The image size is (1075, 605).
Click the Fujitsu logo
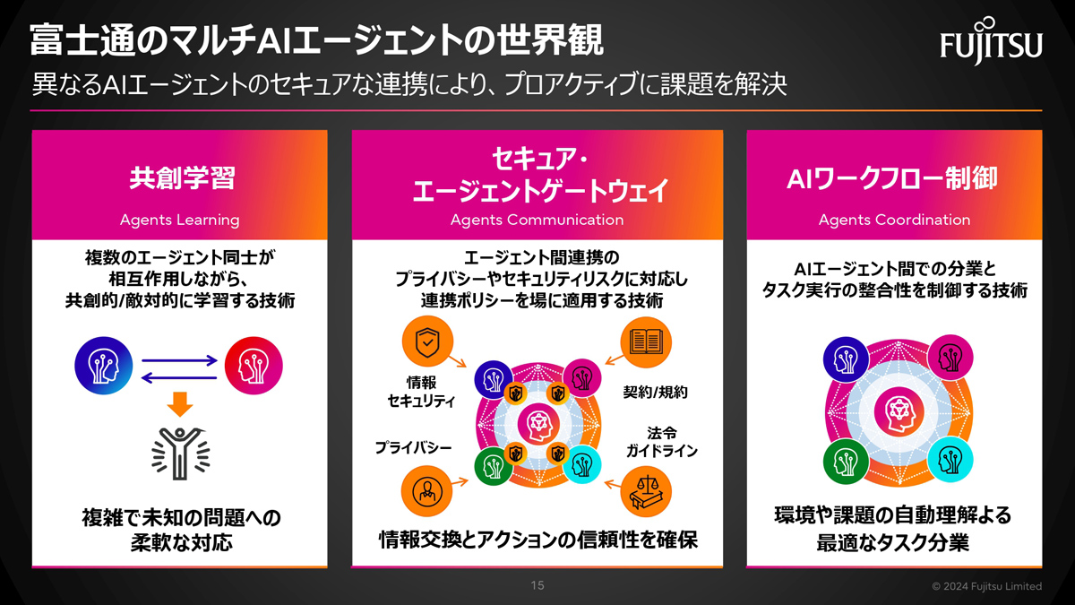[991, 41]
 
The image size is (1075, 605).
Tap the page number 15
[537, 585]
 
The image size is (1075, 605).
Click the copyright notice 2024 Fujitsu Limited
[987, 586]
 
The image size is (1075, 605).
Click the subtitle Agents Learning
[179, 220]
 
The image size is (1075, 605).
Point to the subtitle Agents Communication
[537, 220]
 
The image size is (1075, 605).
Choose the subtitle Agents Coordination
[895, 220]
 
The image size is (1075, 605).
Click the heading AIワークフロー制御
[892, 178]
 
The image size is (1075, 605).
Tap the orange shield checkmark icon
[427, 341]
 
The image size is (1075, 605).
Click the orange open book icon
[646, 342]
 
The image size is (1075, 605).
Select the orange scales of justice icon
[646, 492]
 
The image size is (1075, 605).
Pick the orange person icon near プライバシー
[426, 491]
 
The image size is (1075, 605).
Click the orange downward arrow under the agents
[180, 404]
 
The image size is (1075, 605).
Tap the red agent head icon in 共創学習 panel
[254, 366]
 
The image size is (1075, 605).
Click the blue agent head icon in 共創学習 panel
[104, 366]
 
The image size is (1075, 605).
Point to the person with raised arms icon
[180, 454]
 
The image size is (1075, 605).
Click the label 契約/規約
[655, 393]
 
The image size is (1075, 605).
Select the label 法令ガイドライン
[662, 442]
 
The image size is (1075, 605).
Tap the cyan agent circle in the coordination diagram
[950, 460]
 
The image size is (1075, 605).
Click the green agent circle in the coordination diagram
[846, 462]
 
